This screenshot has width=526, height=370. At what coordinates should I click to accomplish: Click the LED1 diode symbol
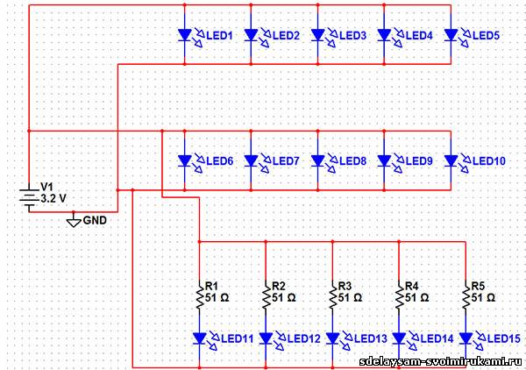(x=185, y=35)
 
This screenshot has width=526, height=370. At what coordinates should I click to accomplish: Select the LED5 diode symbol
(x=451, y=35)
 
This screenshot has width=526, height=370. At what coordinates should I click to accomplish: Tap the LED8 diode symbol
(x=318, y=160)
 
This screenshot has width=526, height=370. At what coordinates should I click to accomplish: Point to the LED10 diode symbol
(x=451, y=160)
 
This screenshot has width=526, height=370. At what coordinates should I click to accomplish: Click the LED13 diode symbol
(x=332, y=338)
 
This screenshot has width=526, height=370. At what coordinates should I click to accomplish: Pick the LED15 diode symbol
(x=466, y=338)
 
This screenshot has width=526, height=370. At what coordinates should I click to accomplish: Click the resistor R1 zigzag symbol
(x=199, y=297)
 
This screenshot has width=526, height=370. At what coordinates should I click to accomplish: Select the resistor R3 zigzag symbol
(x=332, y=297)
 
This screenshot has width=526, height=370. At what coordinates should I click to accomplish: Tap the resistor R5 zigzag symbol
(x=466, y=297)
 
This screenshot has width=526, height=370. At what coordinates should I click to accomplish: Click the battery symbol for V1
(x=31, y=199)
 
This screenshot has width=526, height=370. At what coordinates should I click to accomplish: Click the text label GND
(x=95, y=220)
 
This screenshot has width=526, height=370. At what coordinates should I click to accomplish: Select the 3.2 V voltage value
(x=53, y=199)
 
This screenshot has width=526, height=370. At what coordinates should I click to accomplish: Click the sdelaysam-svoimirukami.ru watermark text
(x=440, y=361)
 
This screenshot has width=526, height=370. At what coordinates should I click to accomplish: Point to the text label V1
(x=47, y=188)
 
